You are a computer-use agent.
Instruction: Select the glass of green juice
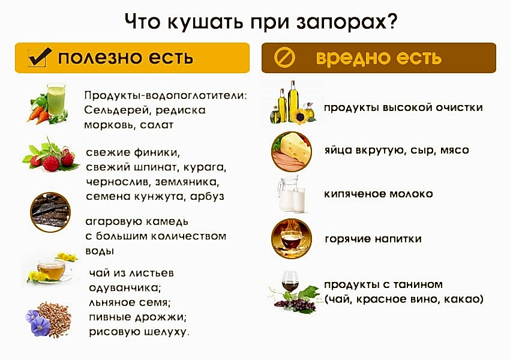point(56,99)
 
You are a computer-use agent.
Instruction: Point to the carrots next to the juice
point(37,113)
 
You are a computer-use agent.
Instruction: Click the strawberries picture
point(51,157)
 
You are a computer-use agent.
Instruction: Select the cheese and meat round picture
point(290,151)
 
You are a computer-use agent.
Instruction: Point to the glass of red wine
point(290,282)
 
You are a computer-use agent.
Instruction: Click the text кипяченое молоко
point(378,194)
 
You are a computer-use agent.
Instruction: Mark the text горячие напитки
point(373,239)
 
